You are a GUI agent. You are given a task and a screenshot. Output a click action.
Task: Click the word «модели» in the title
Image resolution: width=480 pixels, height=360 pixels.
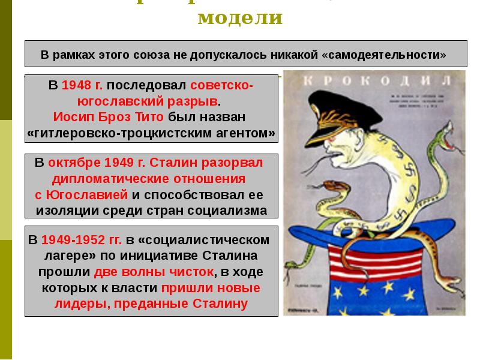(239, 17)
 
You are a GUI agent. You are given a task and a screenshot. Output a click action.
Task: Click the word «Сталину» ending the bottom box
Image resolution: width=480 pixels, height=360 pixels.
(220, 303)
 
